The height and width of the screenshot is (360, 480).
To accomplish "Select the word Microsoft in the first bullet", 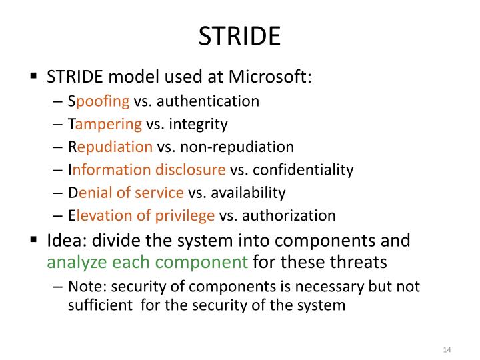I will pyautogui.click(x=269, y=77).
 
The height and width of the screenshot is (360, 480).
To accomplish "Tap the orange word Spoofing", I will pyautogui.click(x=99, y=101).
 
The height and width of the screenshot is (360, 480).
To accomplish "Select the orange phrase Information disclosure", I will pyautogui.click(x=147, y=169).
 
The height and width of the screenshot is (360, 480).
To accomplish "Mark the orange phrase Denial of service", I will pyautogui.click(x=126, y=193).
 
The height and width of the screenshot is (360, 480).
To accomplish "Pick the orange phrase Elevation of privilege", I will pyautogui.click(x=141, y=215).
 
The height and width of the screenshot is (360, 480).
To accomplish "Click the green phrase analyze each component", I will pyautogui.click(x=147, y=262).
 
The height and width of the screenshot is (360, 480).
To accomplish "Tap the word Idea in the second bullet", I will pyautogui.click(x=62, y=240).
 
